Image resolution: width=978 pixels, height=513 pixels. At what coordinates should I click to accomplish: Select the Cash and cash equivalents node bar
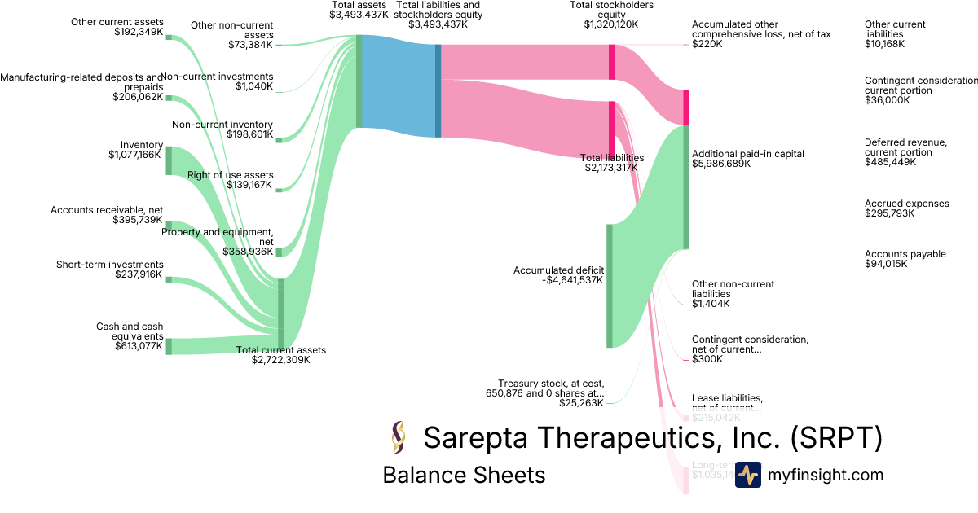point(169,346)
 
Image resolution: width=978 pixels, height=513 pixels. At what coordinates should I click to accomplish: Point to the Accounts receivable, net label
point(107,210)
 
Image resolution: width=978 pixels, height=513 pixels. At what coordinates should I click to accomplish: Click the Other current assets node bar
point(169,37)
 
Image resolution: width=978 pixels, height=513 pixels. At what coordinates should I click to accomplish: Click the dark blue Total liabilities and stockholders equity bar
point(438,90)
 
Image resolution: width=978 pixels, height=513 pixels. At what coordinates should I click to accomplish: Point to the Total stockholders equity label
point(611,15)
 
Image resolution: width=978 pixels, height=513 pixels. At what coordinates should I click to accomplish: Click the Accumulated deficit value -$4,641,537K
point(571,280)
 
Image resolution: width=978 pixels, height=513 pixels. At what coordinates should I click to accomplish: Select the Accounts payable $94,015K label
point(894,259)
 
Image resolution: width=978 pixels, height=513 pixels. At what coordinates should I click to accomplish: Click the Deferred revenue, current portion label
point(905,147)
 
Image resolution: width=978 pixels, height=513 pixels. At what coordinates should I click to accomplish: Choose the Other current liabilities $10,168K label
point(895,34)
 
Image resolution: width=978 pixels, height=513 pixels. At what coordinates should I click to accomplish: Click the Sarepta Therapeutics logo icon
point(399,438)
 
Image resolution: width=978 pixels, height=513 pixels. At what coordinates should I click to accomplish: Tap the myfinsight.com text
point(826,475)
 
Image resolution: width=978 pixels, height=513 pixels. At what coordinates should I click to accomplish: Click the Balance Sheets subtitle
point(464,475)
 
